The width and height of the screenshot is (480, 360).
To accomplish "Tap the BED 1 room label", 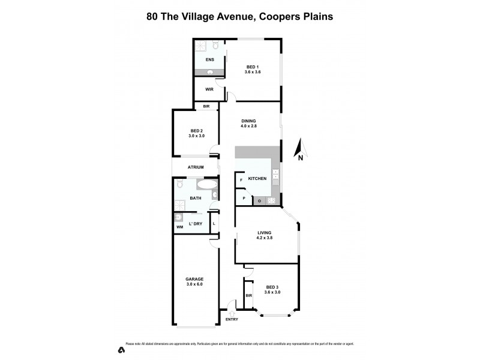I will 253,66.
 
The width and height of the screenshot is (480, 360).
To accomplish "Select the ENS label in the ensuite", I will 209,60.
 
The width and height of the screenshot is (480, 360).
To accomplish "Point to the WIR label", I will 209,89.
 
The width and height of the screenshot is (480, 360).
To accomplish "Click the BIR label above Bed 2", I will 206,106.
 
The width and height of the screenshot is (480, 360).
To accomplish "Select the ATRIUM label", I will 196,167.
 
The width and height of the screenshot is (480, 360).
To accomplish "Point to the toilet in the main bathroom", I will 179,186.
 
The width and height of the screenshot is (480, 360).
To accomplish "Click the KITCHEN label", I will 257,178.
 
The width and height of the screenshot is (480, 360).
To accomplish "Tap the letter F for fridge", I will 241,179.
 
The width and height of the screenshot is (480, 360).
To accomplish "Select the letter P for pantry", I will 244,198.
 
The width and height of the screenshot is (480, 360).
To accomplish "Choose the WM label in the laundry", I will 179,227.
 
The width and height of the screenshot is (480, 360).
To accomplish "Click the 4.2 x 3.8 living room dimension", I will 265,238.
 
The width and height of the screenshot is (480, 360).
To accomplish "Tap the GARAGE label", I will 194,279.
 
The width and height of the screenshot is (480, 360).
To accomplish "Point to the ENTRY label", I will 232,319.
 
